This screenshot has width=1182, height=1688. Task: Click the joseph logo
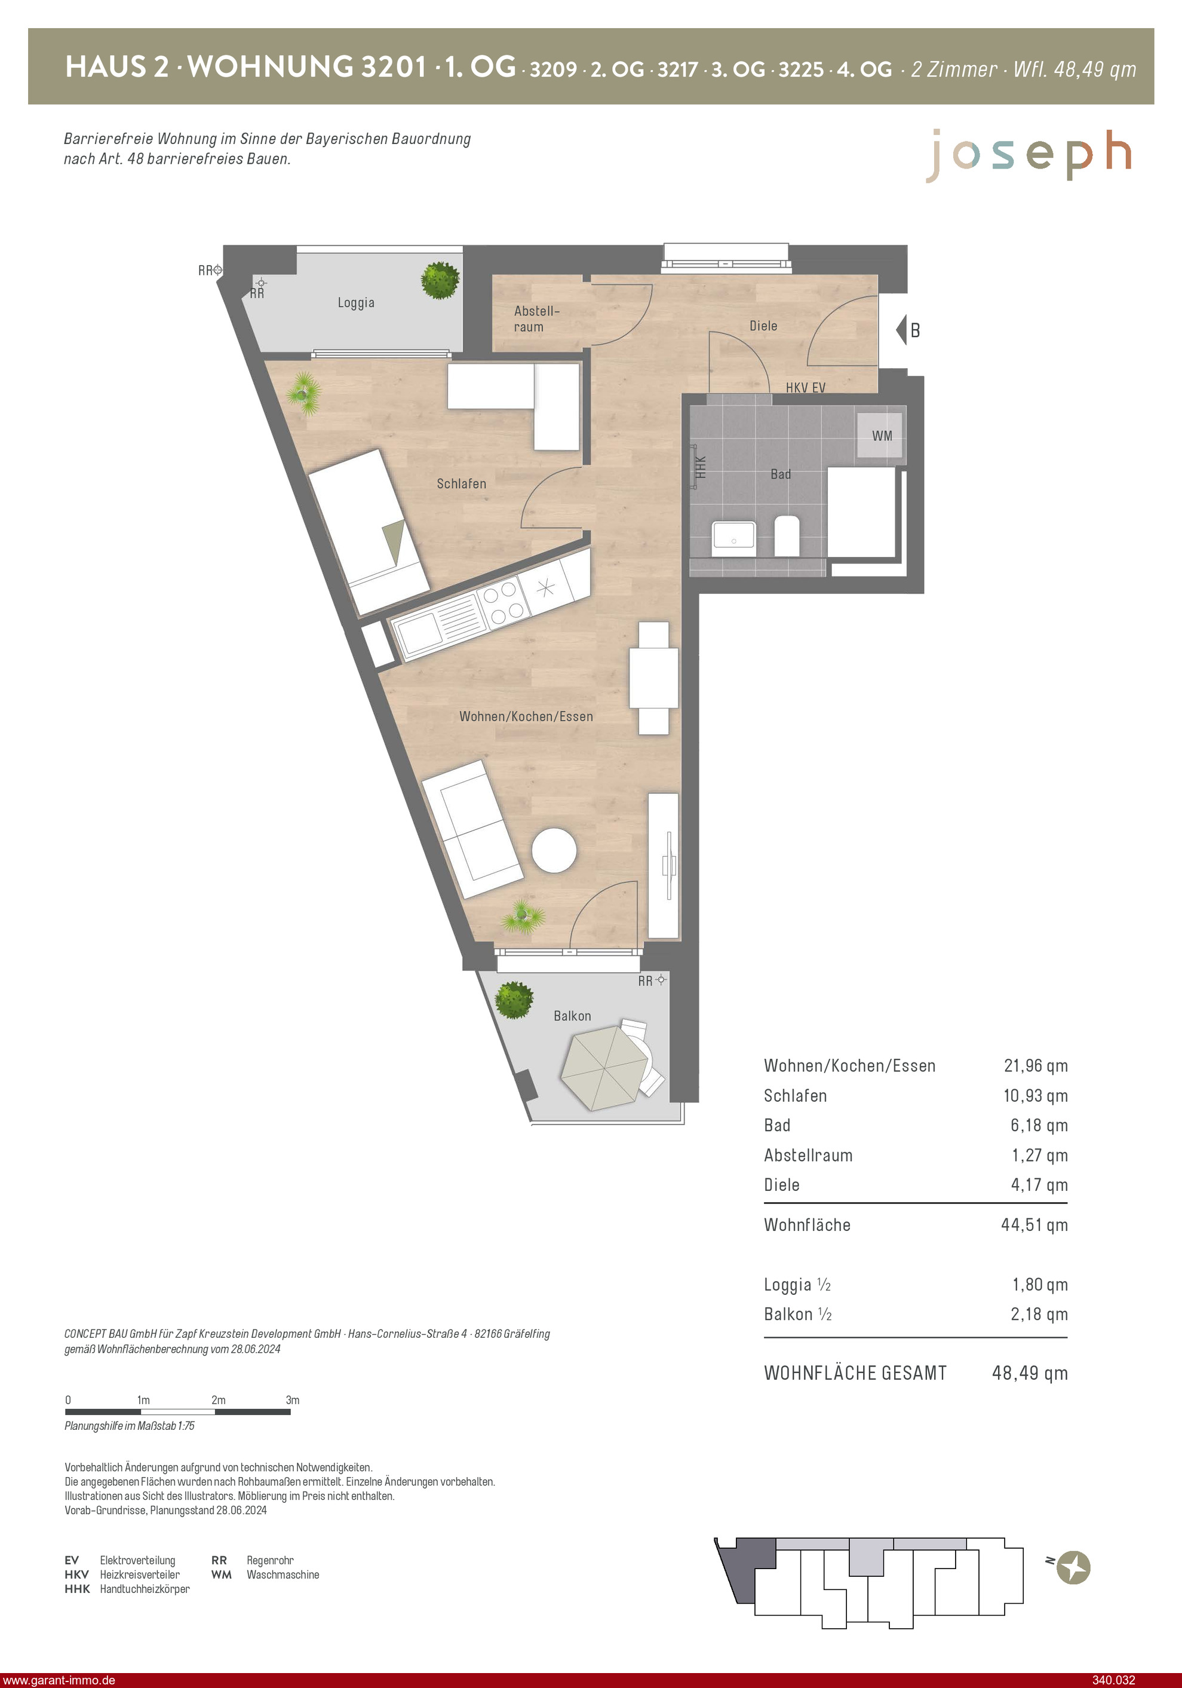pyautogui.click(x=1029, y=155)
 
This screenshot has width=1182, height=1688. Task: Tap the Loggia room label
pyautogui.click(x=356, y=302)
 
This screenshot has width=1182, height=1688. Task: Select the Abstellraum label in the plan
pyautogui.click(x=536, y=319)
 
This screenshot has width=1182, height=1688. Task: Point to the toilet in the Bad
pyautogui.click(x=787, y=535)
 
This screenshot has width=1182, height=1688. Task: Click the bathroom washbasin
pyautogui.click(x=733, y=540)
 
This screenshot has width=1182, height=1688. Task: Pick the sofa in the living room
pyautogui.click(x=472, y=829)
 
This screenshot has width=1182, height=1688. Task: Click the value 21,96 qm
pyautogui.click(x=1036, y=1065)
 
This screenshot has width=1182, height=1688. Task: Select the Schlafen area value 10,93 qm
pyautogui.click(x=1036, y=1095)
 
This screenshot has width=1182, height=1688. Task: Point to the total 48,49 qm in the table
pyautogui.click(x=1030, y=1373)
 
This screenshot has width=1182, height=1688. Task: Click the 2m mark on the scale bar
pyautogui.click(x=219, y=1401)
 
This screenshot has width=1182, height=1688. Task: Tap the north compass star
pyautogui.click(x=1073, y=1567)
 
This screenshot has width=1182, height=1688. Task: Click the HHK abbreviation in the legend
pyautogui.click(x=77, y=1589)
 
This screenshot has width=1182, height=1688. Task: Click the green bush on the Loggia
pyautogui.click(x=440, y=280)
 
